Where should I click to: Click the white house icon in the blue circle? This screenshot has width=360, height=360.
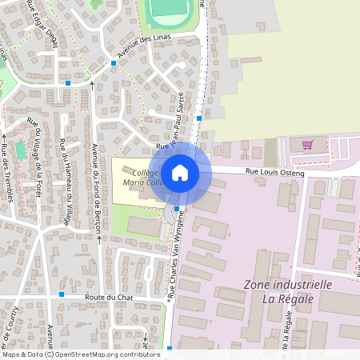[180, 172]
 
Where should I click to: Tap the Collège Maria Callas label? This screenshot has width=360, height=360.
[137, 178]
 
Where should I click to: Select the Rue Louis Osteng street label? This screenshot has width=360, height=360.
[274, 171]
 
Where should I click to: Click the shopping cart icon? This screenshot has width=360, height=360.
[308, 145]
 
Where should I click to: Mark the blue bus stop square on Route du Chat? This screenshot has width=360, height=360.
[61, 294]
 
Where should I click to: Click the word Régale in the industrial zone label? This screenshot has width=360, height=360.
[298, 299]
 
